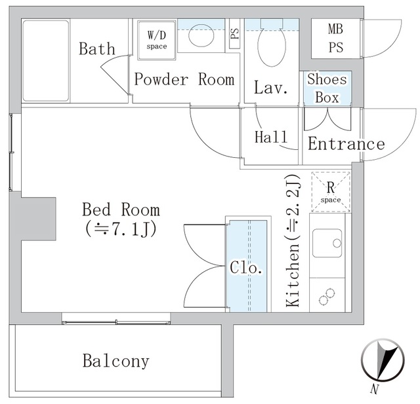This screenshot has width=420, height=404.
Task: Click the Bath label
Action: (96, 49)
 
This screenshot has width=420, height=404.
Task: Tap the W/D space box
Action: (156, 39)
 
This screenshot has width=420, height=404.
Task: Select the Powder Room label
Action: (184, 80)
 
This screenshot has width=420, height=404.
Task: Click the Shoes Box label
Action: (327, 88)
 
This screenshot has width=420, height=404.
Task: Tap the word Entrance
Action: (346, 144)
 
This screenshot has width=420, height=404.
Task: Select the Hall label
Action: (271, 138)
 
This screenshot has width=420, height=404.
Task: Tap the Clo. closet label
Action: (247, 268)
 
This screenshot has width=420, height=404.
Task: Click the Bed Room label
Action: (121, 210)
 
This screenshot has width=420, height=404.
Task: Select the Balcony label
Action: (115, 361)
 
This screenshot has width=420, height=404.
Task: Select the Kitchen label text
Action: (293, 275)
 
